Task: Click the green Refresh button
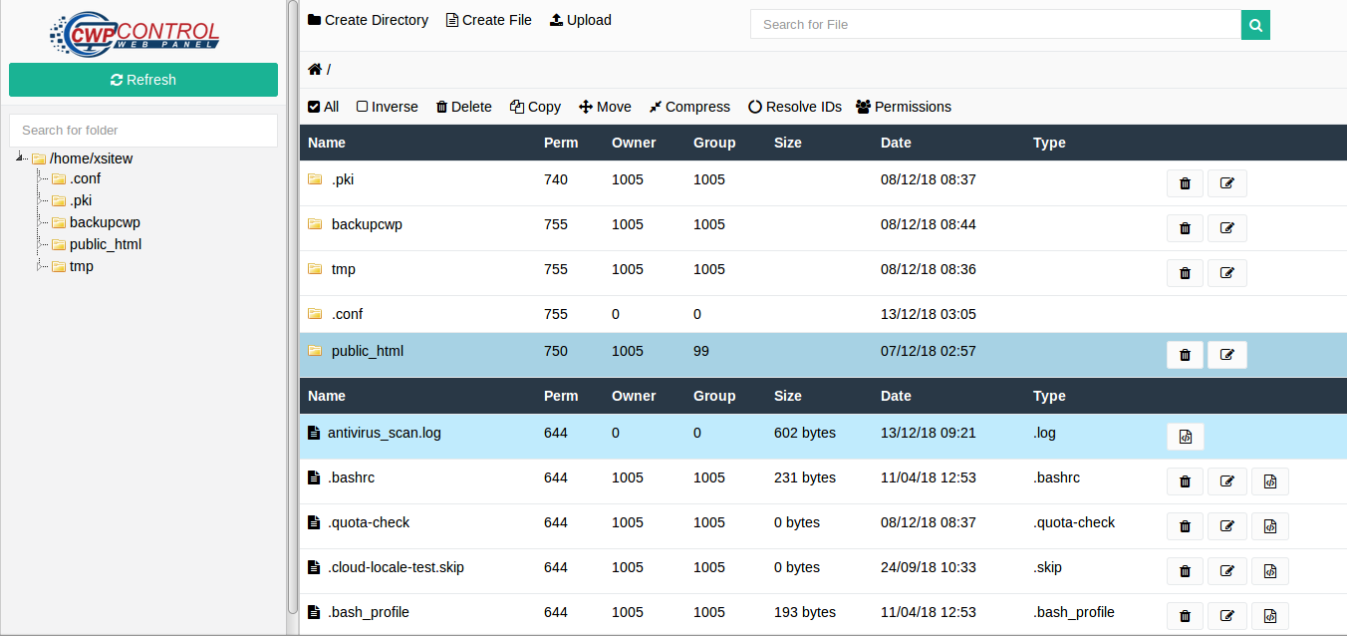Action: click(x=143, y=80)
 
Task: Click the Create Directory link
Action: click(x=368, y=20)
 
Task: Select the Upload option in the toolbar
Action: click(x=580, y=20)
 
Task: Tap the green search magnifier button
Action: click(x=1255, y=25)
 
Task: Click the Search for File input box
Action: click(x=994, y=25)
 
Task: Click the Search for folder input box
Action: click(x=143, y=130)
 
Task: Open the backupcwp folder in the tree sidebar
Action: click(x=105, y=222)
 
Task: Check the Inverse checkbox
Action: click(x=363, y=107)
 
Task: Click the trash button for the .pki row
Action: click(x=1185, y=183)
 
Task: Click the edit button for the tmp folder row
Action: click(x=1226, y=273)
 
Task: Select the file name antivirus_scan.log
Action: click(x=384, y=433)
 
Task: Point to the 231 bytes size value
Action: click(x=804, y=477)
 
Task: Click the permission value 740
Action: click(x=556, y=179)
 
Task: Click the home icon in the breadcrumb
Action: click(x=315, y=69)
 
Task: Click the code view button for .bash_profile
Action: click(x=1269, y=616)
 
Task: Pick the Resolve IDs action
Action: click(x=795, y=107)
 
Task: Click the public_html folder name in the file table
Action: click(x=367, y=351)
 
